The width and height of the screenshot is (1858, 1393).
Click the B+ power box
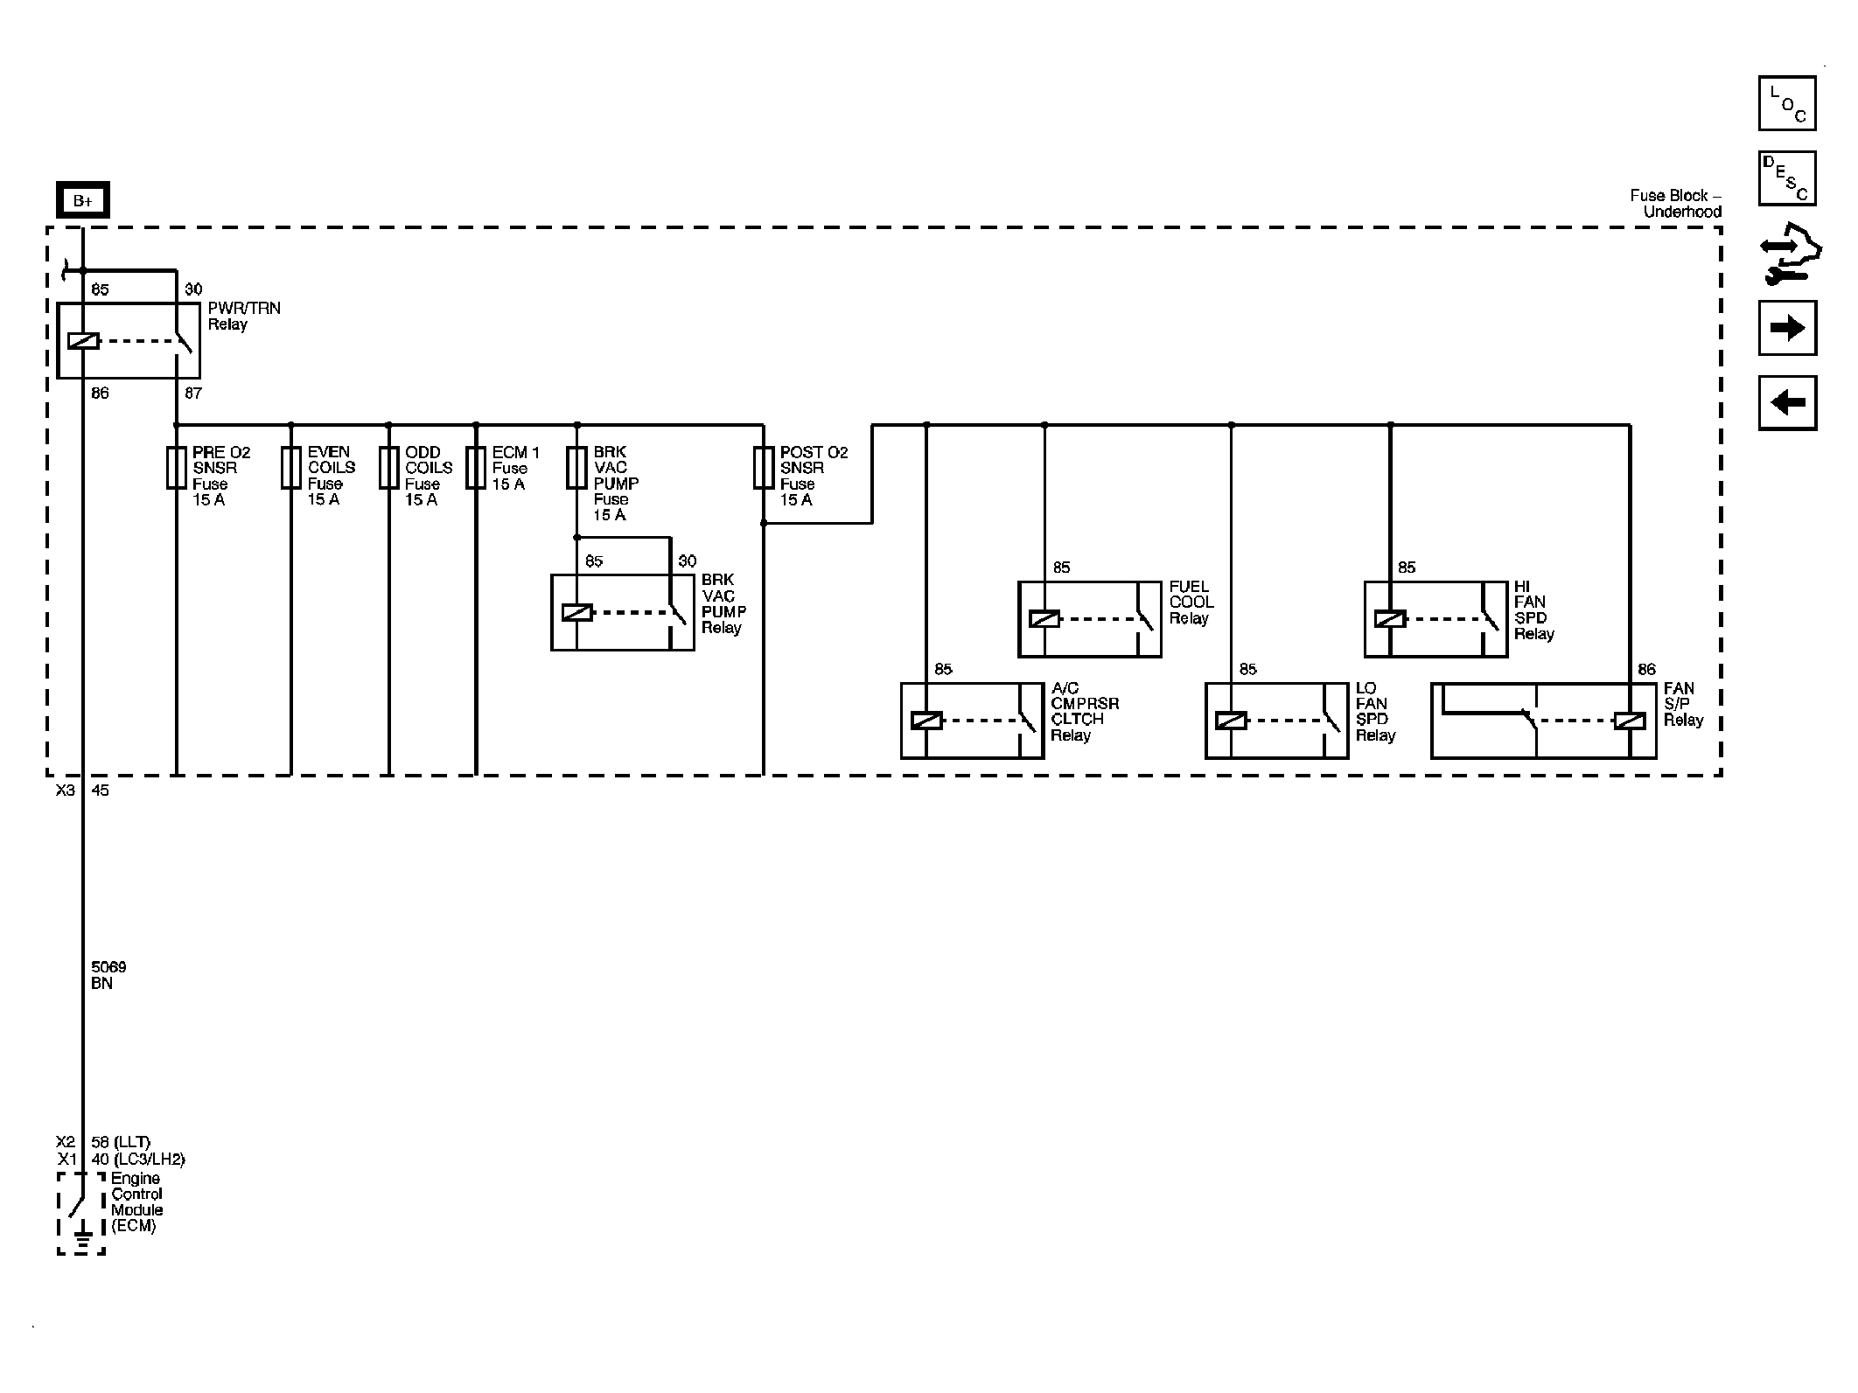click(82, 200)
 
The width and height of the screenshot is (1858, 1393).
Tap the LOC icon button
click(1786, 103)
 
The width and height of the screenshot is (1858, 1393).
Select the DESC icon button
click(1786, 178)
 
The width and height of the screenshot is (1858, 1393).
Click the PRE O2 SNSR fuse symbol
click(177, 468)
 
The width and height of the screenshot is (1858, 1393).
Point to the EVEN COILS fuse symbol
click(291, 468)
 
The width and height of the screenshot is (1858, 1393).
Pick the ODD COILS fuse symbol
click(389, 468)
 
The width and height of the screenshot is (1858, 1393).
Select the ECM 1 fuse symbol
click(476, 468)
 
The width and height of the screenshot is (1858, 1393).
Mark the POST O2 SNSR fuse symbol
click(764, 468)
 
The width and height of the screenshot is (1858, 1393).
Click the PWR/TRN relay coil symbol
click(83, 341)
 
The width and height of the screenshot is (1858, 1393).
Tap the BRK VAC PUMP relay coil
click(577, 613)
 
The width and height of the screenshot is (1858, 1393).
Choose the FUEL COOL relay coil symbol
click(1044, 619)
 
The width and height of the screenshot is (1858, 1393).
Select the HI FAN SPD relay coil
click(1390, 619)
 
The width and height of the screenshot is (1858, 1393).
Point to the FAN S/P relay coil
click(1630, 721)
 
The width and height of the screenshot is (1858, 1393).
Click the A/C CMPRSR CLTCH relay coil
click(926, 721)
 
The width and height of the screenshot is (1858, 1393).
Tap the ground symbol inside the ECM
click(82, 1239)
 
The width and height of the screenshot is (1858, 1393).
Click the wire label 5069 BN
click(108, 975)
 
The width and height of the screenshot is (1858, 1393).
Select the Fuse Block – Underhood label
click(1674, 204)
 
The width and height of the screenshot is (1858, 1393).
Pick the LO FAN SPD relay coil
click(1231, 721)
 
